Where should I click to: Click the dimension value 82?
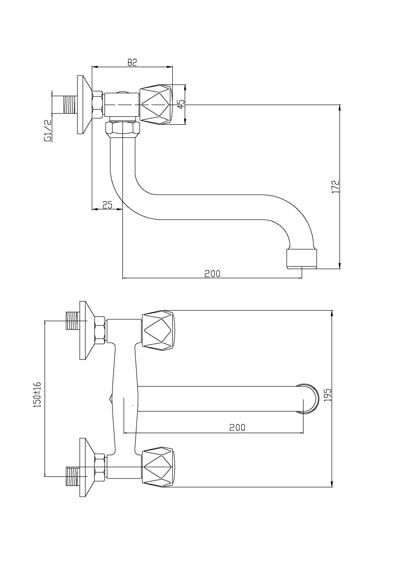[132, 62]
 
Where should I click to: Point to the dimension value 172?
[335, 187]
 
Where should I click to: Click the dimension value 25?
[108, 205]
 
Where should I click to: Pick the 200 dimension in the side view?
[212, 273]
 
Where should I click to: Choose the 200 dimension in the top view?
[237, 427]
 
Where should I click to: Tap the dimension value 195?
[328, 396]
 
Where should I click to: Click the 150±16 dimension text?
[38, 395]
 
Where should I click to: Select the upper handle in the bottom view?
[159, 331]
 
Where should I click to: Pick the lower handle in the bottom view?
[159, 468]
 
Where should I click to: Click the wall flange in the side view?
[83, 105]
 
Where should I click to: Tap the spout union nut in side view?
[122, 128]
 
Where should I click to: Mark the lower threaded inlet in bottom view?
[72, 476]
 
